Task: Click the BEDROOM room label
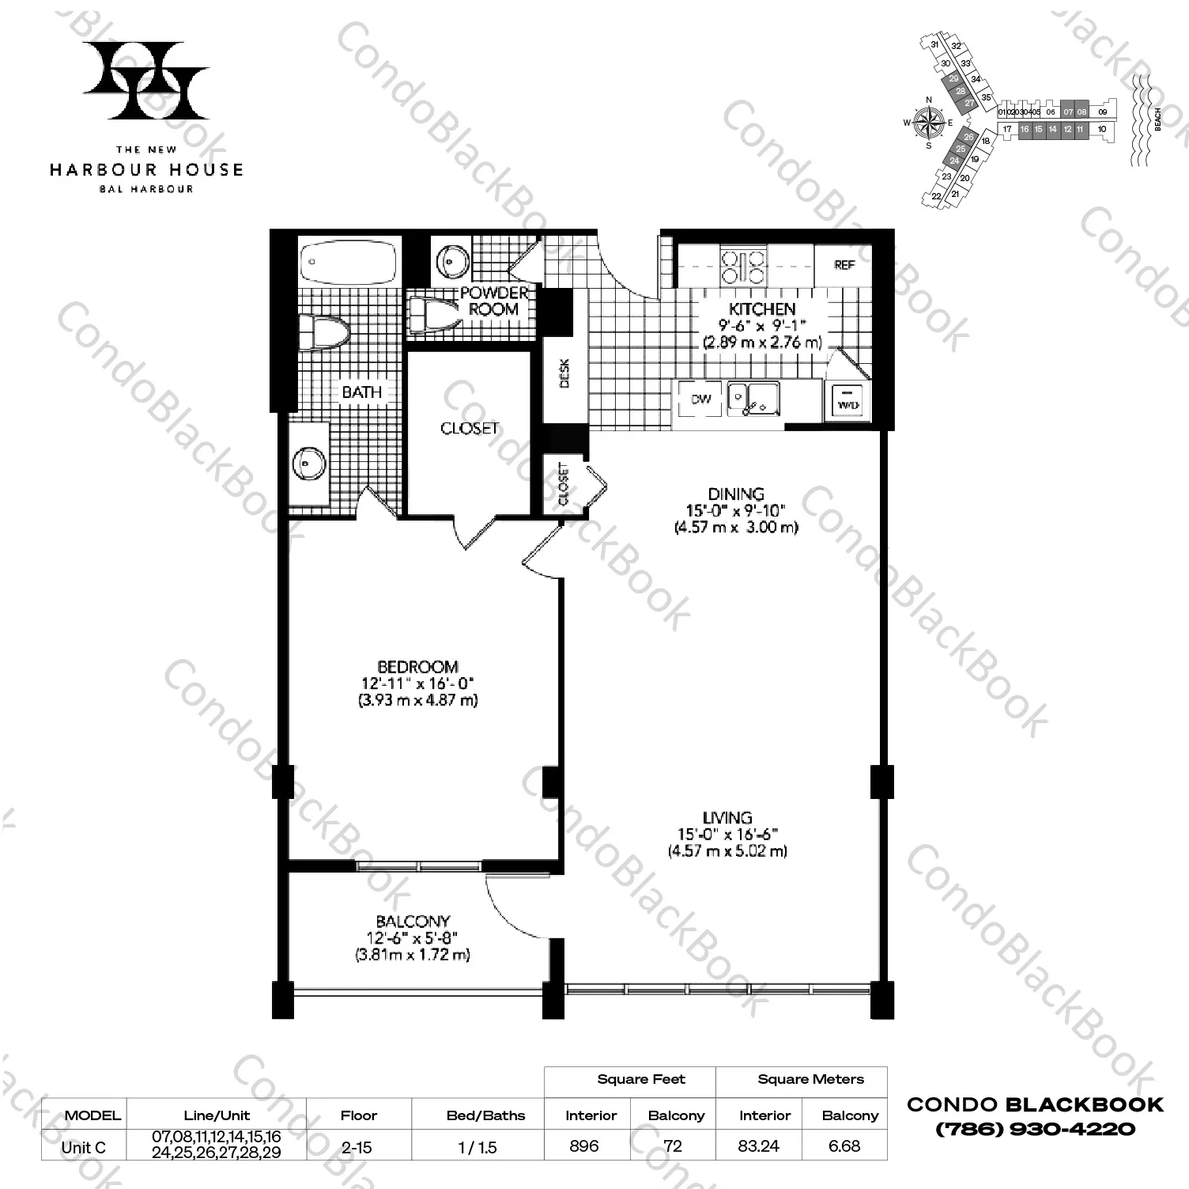click(x=417, y=667)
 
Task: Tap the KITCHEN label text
click(x=762, y=309)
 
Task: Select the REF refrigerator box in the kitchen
click(x=844, y=265)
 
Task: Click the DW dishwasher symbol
click(x=700, y=399)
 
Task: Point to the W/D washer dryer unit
click(x=848, y=399)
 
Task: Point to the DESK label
click(x=564, y=373)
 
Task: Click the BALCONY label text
click(x=413, y=921)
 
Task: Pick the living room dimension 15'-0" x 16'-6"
click(x=727, y=834)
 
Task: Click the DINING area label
click(x=736, y=494)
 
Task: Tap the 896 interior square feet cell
click(x=584, y=1145)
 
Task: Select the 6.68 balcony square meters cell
click(x=844, y=1145)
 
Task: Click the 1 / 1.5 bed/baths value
click(x=477, y=1146)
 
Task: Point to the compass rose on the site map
click(x=929, y=122)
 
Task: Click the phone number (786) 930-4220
click(x=1035, y=1129)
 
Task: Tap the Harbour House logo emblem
click(x=146, y=79)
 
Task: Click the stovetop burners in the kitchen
click(x=743, y=266)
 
